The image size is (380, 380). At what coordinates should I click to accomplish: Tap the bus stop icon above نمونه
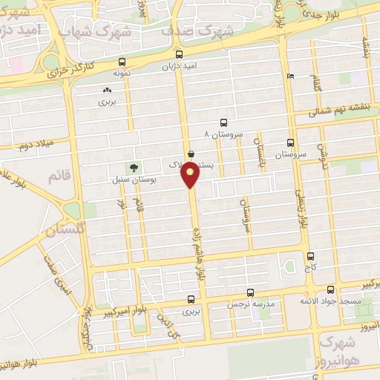pos(122,64)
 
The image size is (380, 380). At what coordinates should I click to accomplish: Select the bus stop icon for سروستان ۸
pos(223,123)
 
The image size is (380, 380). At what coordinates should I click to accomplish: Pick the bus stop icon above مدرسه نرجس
pos(250,292)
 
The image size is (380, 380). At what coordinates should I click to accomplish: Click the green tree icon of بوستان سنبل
pos(133,168)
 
